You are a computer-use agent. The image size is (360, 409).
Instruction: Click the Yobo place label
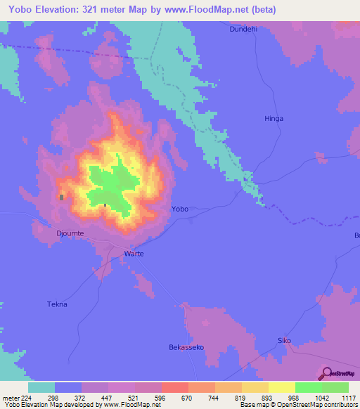pos(180,209)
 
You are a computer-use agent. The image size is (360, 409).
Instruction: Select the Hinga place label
pos(274,119)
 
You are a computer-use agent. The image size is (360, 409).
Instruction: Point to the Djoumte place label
pos(70,233)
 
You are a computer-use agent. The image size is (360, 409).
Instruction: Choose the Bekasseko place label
pos(186,347)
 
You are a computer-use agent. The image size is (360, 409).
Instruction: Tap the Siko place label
pos(284,341)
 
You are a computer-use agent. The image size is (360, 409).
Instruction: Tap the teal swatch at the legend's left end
pos(41,387)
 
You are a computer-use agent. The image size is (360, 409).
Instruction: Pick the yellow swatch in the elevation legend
pos(281,387)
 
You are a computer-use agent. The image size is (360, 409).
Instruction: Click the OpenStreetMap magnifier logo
pos(326,374)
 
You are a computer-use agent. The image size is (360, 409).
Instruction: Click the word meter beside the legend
pos(11,398)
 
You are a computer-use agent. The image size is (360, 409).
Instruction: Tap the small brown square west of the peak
pos(62,197)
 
